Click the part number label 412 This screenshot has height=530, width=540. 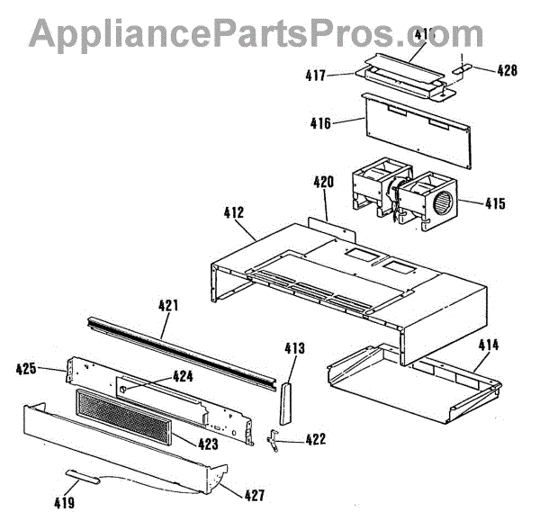coord(232,213)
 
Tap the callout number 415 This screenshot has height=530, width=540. coord(494,203)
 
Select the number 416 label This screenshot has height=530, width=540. coord(319,124)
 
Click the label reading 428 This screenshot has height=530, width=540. coord(507,69)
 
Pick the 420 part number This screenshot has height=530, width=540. coord(324,182)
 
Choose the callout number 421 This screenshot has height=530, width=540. coord(167,305)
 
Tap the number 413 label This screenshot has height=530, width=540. coord(294,347)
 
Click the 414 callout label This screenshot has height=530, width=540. coord(489,345)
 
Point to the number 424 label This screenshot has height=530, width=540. coord(183,377)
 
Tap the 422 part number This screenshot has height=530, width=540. coord(315,439)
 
